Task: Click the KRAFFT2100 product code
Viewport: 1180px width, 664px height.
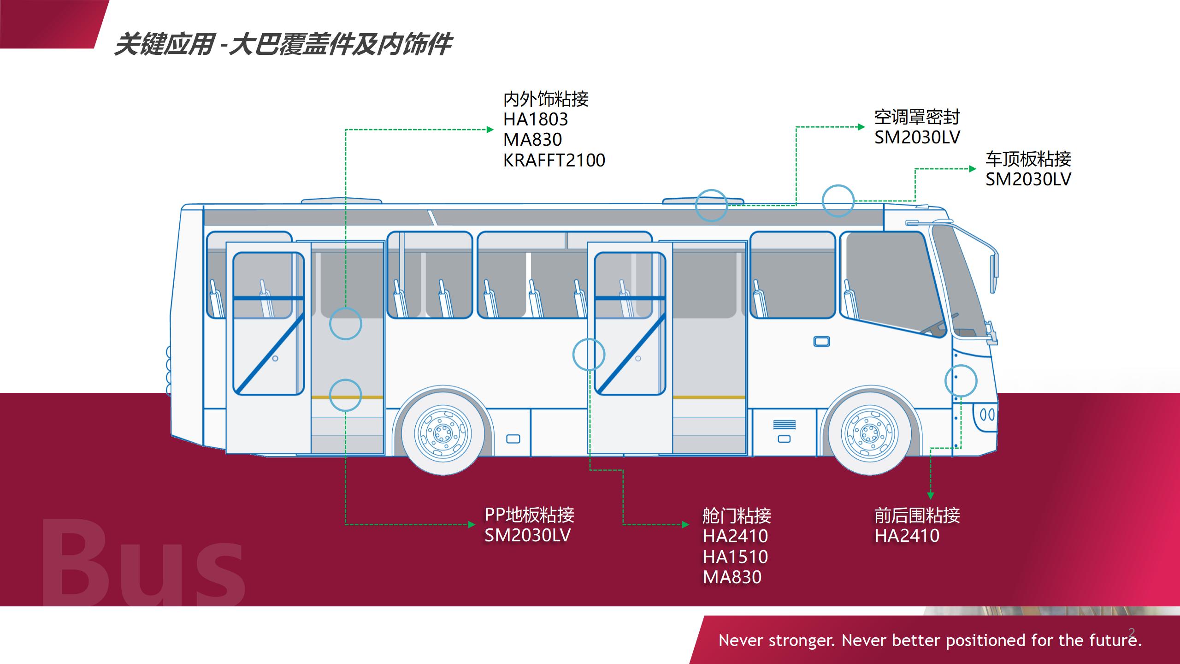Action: point(554,160)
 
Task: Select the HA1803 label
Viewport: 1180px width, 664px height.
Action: point(536,119)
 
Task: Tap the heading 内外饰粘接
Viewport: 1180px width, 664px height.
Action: point(546,99)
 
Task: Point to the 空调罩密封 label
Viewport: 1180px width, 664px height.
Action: point(917,117)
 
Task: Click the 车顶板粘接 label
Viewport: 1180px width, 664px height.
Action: point(1028,159)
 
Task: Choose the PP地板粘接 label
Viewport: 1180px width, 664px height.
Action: point(529,515)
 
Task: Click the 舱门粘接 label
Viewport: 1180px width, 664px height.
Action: point(737,516)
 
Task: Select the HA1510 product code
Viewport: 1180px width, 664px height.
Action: point(735,557)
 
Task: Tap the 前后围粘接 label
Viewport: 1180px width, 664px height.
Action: point(917,515)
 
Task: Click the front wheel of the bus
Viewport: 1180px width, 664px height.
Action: point(869,433)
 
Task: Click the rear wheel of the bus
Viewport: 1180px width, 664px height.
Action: point(442,433)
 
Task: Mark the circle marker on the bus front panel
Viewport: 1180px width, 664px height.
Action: point(961,381)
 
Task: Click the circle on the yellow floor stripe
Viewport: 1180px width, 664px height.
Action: point(345,395)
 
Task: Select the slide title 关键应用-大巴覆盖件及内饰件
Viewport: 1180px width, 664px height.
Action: point(282,45)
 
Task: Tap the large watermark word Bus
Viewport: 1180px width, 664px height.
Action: point(143,563)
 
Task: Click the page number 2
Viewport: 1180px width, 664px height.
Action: point(1132,632)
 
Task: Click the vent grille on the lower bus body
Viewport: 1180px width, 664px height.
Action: point(784,424)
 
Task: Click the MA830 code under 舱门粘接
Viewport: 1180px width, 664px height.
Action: point(732,577)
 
